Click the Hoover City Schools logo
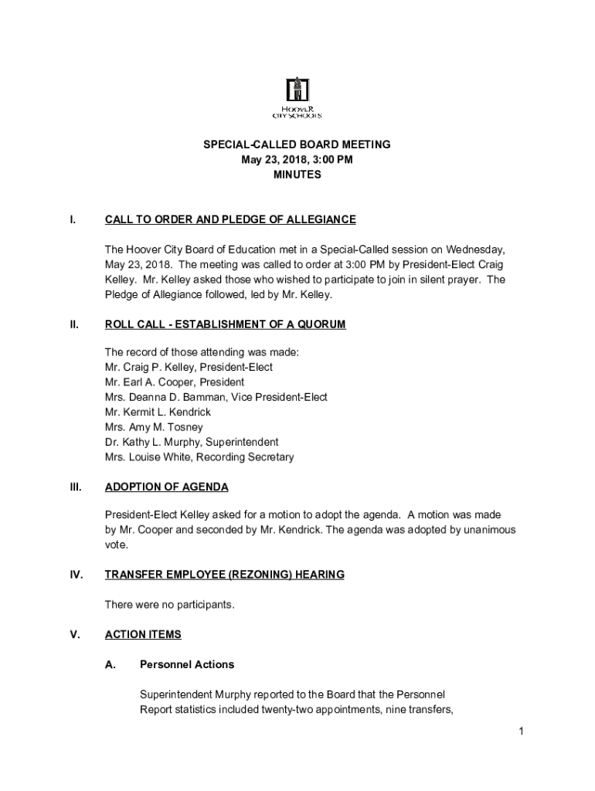297,98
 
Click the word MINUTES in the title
297,175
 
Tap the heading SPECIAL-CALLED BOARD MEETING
297,144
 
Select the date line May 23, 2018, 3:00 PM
297,160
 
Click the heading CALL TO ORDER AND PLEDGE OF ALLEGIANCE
230,219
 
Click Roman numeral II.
73,325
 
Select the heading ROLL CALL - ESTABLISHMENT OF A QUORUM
225,325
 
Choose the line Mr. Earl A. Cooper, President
175,382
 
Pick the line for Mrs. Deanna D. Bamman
216,397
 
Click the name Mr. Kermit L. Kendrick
158,412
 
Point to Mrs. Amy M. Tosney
154,427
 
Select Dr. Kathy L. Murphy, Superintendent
192,443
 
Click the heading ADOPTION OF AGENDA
166,487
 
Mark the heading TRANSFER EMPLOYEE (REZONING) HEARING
224,575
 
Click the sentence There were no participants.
169,605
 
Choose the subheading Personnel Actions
187,664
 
